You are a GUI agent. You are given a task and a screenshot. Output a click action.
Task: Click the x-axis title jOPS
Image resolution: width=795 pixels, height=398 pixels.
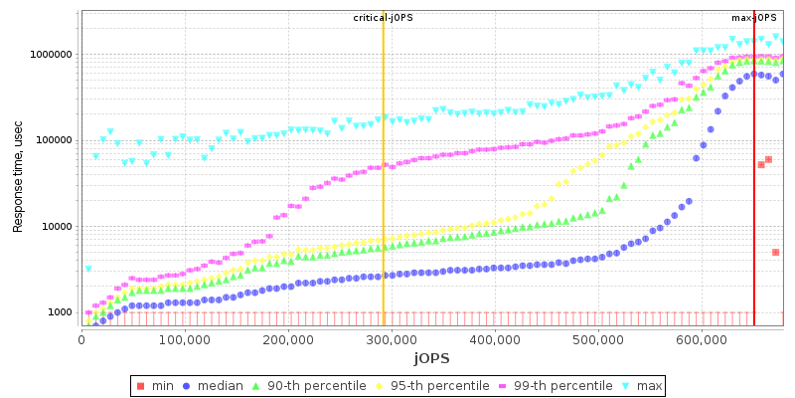tap(432, 358)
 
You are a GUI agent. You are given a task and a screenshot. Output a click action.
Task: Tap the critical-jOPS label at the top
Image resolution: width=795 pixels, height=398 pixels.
tap(384, 18)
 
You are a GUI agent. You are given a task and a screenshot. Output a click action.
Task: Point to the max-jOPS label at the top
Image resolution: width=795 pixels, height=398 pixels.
tap(755, 18)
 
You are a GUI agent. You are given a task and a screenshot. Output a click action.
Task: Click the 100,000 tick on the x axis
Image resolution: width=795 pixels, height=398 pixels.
tap(185, 339)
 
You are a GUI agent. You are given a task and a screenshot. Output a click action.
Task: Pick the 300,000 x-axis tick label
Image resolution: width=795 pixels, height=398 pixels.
tap(392, 339)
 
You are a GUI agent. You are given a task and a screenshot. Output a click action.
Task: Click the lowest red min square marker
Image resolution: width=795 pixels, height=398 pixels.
tap(775, 253)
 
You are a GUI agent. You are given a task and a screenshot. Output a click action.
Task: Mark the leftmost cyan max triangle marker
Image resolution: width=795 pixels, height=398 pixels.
tap(88, 269)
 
